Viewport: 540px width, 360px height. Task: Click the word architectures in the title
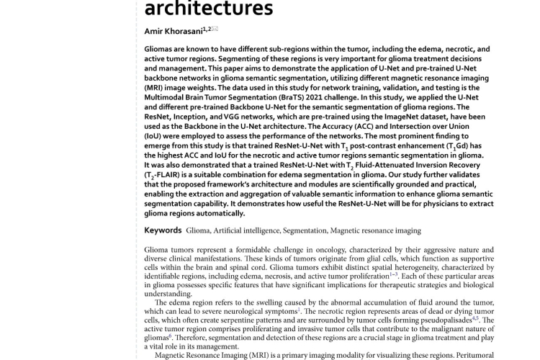pyautogui.click(x=209, y=9)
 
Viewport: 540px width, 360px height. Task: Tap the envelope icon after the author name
pyautogui.click(x=215, y=29)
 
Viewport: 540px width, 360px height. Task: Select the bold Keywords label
pyautogui.click(x=163, y=230)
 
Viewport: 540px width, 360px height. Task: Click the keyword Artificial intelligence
pyautogui.click(x=245, y=231)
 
